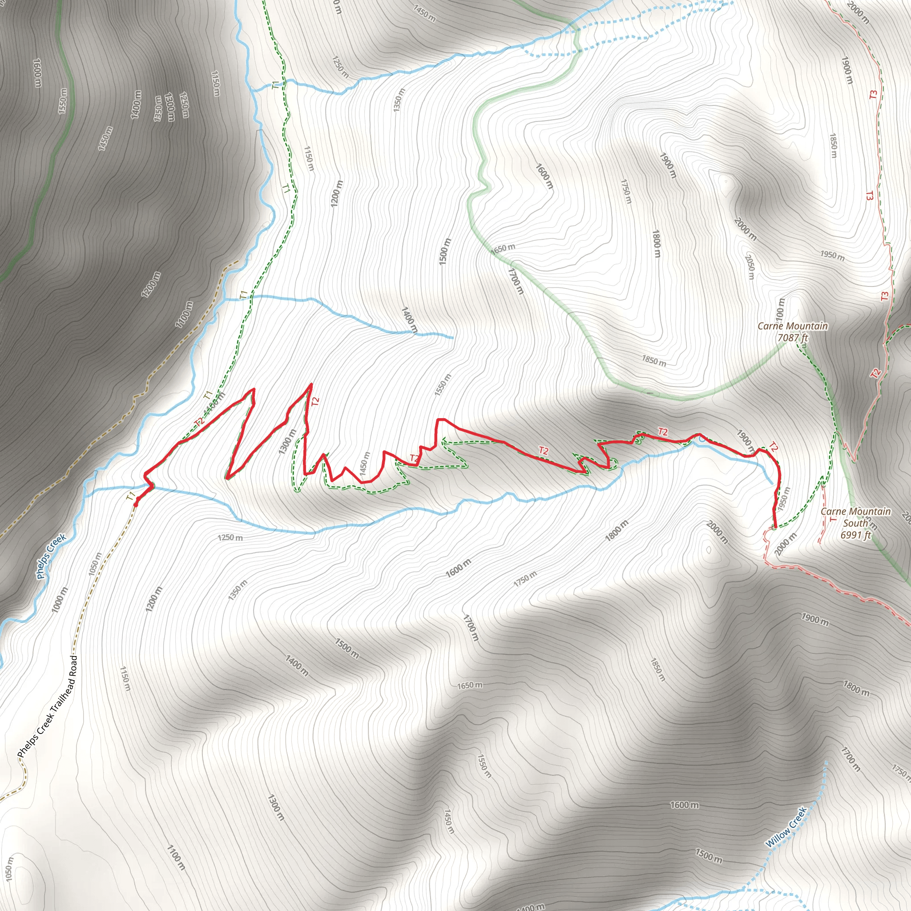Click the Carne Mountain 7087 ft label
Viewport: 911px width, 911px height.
[792, 332]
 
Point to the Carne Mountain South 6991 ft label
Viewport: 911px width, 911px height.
[855, 523]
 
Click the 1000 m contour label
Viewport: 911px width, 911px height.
[60, 600]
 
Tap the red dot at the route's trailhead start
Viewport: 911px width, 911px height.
[136, 504]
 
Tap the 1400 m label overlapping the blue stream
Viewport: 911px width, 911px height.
[409, 321]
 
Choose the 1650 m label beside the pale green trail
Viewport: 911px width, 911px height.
[503, 249]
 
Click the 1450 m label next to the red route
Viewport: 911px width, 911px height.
[364, 464]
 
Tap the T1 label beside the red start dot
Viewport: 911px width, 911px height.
[130, 496]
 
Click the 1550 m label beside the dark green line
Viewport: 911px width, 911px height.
[63, 101]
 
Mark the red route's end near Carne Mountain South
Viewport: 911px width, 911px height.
[775, 527]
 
